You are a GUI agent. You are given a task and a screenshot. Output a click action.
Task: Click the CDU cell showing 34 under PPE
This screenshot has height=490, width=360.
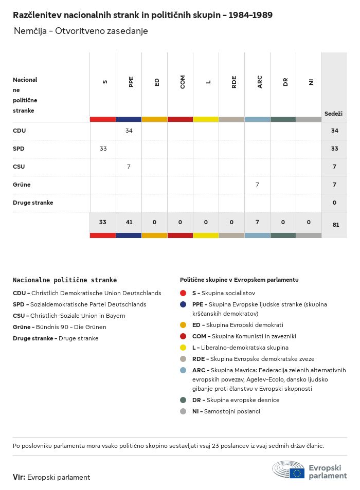[129, 131]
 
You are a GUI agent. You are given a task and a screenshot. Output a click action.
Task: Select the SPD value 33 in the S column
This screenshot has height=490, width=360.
[103, 149]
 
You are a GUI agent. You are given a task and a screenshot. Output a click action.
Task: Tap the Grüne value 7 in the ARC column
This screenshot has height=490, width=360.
[257, 185]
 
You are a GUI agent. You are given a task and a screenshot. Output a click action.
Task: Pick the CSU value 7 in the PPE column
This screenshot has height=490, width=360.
[129, 167]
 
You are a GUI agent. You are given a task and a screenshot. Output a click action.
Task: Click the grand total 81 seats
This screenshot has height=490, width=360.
[336, 225]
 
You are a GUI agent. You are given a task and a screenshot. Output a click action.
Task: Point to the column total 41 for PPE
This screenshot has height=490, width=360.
[129, 222]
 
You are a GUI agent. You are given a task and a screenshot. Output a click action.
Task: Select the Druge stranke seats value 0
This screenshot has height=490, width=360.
[334, 203]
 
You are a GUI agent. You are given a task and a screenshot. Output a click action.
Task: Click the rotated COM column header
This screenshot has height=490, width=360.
[183, 82]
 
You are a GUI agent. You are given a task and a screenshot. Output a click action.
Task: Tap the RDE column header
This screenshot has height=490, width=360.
[234, 82]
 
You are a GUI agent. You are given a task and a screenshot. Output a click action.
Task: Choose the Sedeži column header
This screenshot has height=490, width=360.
[333, 114]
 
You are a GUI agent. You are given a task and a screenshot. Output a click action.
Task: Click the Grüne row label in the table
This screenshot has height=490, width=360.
[22, 185]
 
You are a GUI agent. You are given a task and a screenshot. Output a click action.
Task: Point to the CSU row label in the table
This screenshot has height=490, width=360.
[19, 167]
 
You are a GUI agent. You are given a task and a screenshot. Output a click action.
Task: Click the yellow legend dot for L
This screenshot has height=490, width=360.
[183, 348]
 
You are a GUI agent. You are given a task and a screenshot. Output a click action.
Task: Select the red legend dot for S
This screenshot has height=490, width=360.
[183, 293]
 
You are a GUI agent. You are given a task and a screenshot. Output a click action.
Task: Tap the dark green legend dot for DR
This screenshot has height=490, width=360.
[183, 400]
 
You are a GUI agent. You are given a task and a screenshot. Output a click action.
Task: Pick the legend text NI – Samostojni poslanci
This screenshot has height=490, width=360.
[226, 411]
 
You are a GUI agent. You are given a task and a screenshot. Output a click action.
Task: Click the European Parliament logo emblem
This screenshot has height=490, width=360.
[288, 469]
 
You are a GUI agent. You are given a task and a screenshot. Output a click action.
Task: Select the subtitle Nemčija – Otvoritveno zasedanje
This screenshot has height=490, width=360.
[81, 31]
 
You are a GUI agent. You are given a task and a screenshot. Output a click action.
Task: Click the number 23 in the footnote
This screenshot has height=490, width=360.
[215, 446]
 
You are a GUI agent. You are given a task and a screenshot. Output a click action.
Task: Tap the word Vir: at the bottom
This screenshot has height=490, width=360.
[19, 477]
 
